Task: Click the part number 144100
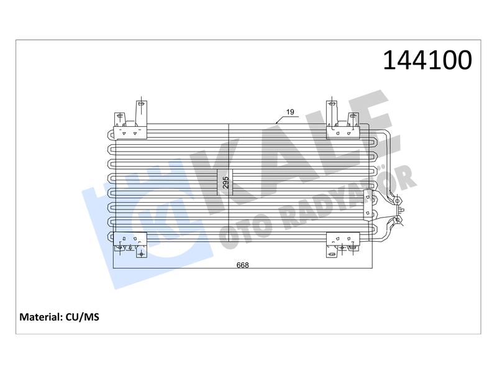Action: pos(427,60)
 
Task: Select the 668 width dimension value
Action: pos(243,265)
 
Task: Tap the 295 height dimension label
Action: pos(226,182)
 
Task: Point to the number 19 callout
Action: pos(290,112)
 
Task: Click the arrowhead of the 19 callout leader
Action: pos(277,122)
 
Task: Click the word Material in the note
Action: pos(41,317)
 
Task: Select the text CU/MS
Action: pos(83,317)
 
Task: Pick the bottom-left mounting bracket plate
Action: pos(130,239)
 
